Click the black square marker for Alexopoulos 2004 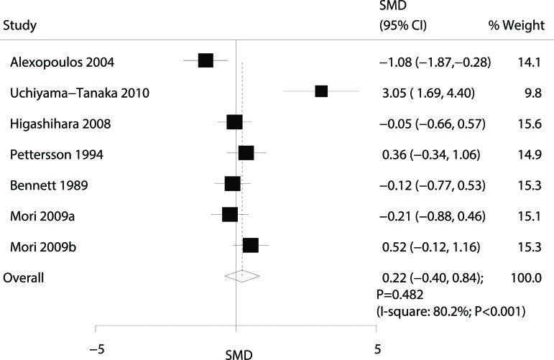[x=206, y=60]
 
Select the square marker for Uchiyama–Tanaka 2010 [x=321, y=91]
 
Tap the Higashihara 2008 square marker [x=234, y=122]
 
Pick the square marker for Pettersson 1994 [x=246, y=153]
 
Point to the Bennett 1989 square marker [x=232, y=184]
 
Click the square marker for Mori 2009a [x=230, y=215]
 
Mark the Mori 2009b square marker [x=250, y=246]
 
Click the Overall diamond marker [x=241, y=275]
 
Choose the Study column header [x=20, y=26]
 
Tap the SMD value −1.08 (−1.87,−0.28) [x=435, y=61]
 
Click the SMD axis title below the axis [x=239, y=354]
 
